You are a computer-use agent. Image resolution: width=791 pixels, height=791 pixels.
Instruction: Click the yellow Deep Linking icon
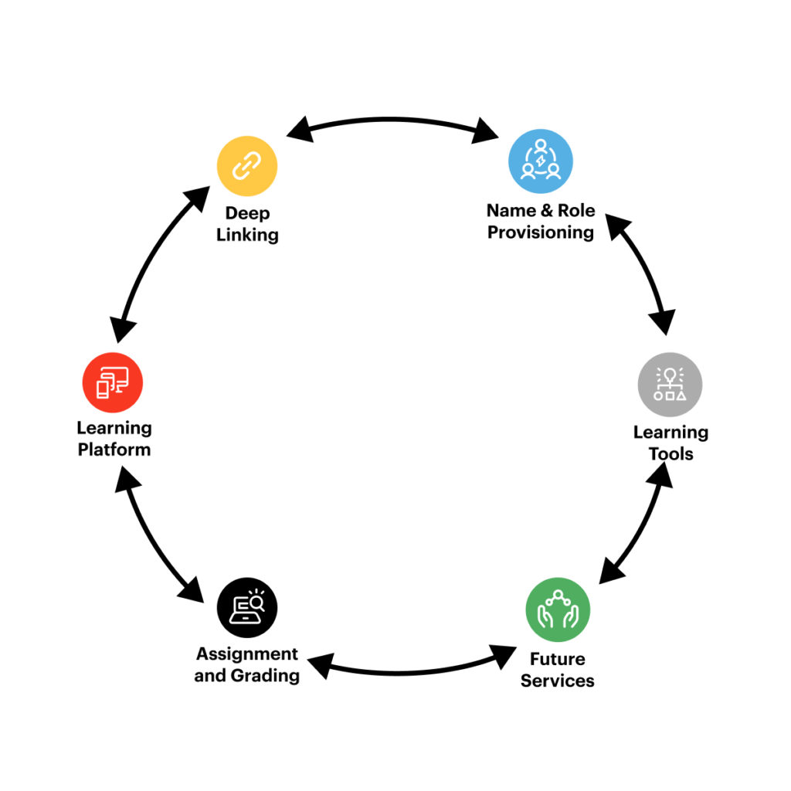coord(246,165)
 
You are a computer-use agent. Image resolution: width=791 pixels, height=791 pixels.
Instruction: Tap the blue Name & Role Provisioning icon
coord(540,161)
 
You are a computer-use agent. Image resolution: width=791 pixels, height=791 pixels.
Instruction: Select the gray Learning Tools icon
coord(670,384)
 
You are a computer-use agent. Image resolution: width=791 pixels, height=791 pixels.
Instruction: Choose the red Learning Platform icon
coord(113,382)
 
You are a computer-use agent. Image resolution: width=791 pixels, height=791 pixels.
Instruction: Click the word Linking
coord(247,235)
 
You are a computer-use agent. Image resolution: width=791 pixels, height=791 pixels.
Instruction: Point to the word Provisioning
coord(541,233)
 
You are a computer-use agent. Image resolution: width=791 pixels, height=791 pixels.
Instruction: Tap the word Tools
coord(670,453)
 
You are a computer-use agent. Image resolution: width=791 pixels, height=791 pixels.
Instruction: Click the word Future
coord(557,659)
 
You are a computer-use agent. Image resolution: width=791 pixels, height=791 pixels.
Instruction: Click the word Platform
coord(114,449)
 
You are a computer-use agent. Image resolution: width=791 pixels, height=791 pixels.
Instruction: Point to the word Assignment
coord(247,654)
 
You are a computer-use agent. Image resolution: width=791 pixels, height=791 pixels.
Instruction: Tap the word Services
coord(557,681)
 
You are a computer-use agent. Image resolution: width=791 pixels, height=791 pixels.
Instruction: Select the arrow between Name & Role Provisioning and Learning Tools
coord(641,274)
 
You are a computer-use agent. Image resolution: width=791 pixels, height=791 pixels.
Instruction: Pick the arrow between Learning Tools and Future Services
coord(637,525)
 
